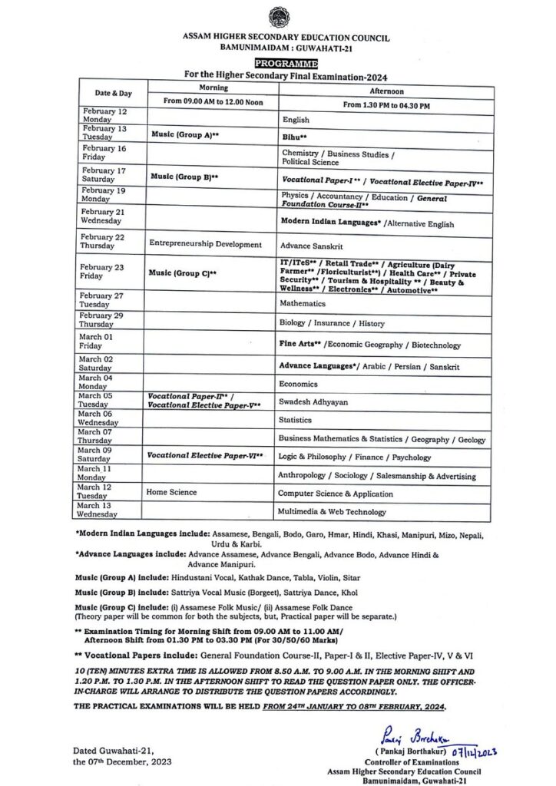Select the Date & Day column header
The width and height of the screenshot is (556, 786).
coord(113,93)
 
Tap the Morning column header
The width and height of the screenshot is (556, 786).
coord(208,88)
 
